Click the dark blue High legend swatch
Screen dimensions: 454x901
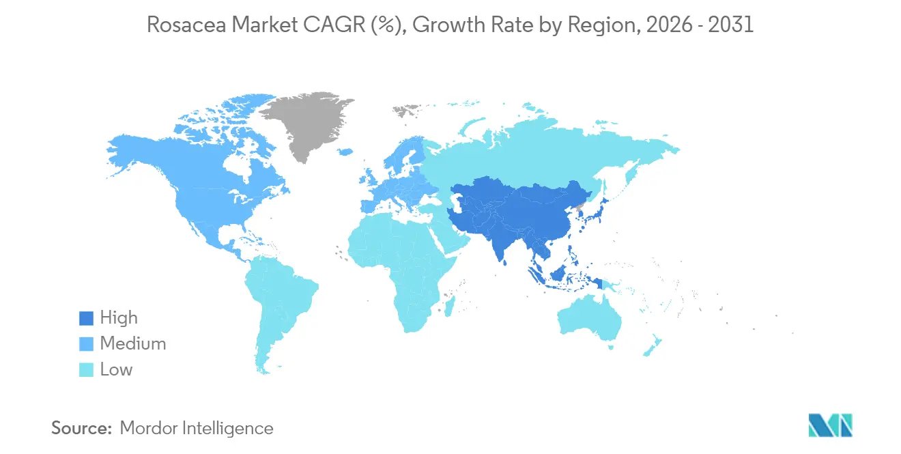click(86, 318)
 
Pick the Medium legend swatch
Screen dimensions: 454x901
click(86, 344)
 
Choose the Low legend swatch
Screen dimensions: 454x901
click(86, 370)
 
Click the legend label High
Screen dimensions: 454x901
click(119, 318)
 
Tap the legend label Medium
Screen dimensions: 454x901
click(132, 344)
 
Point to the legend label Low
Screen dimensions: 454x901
click(116, 370)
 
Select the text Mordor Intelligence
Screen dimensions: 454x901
click(196, 429)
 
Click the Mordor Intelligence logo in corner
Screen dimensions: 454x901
click(829, 425)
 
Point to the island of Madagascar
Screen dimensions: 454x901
click(450, 305)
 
